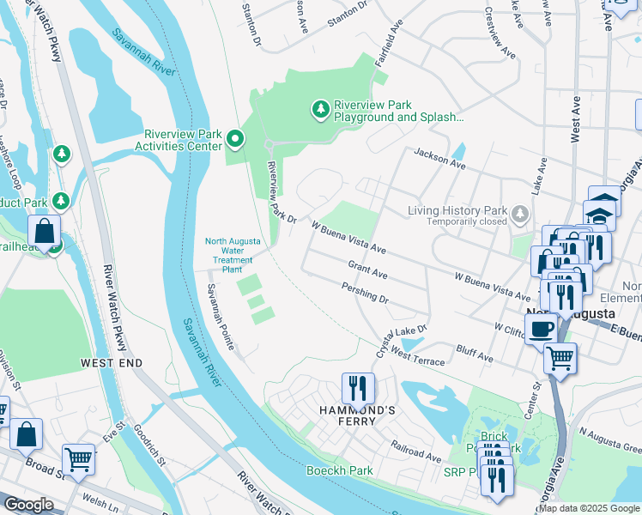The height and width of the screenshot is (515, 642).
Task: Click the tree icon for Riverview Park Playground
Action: [x=320, y=109]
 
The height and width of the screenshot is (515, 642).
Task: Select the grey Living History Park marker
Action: [x=518, y=212]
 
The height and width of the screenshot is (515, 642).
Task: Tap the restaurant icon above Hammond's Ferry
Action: [x=358, y=389]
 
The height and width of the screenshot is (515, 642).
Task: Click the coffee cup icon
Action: [x=540, y=329]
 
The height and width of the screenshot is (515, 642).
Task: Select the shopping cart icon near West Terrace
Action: [x=560, y=357]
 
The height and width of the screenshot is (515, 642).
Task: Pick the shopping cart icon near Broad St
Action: [x=78, y=458]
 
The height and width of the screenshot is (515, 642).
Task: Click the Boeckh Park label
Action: [x=340, y=470]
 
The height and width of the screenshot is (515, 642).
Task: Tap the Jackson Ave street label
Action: [x=439, y=157]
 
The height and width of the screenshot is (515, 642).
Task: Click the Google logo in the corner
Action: [x=29, y=505]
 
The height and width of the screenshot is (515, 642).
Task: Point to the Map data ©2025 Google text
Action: [x=588, y=508]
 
